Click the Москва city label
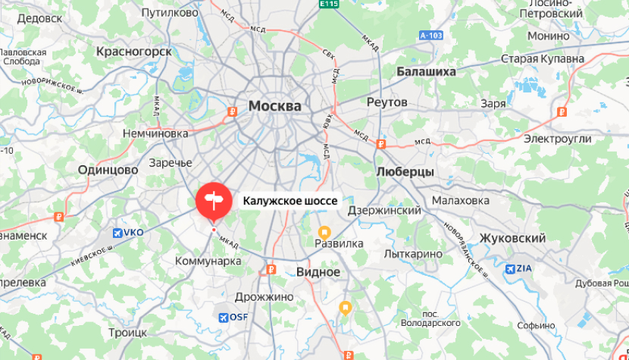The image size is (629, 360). [275, 106]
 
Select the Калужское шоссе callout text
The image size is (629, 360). [289, 201]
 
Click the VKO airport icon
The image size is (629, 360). [118, 233]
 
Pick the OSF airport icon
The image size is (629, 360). [223, 318]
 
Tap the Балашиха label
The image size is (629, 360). [426, 71]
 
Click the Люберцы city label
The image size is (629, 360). [405, 172]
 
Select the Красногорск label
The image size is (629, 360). [134, 51]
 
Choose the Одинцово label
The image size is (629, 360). [108, 171]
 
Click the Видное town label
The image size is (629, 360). [318, 271]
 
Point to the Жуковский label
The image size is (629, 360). [512, 238]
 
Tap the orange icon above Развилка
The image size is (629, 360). [324, 230]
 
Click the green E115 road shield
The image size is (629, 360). [329, 5]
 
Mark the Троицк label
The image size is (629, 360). [127, 332]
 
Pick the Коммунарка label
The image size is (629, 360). [208, 261]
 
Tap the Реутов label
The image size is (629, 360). [386, 102]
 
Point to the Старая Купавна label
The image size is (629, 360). [543, 58]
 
